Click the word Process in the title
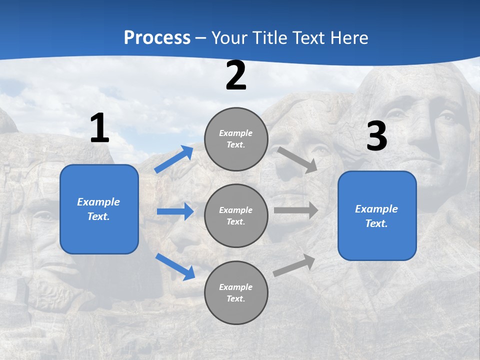(157, 38)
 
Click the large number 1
(99, 129)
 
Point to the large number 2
(236, 76)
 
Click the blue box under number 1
(99, 209)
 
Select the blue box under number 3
(377, 215)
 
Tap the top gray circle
(236, 139)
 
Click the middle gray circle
(236, 215)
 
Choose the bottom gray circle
(236, 292)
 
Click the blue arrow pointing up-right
(174, 159)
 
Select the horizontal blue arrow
(175, 211)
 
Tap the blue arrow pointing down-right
(175, 266)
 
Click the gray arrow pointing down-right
(297, 159)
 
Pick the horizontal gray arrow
(296, 210)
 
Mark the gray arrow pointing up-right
(294, 265)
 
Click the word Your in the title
(228, 38)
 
